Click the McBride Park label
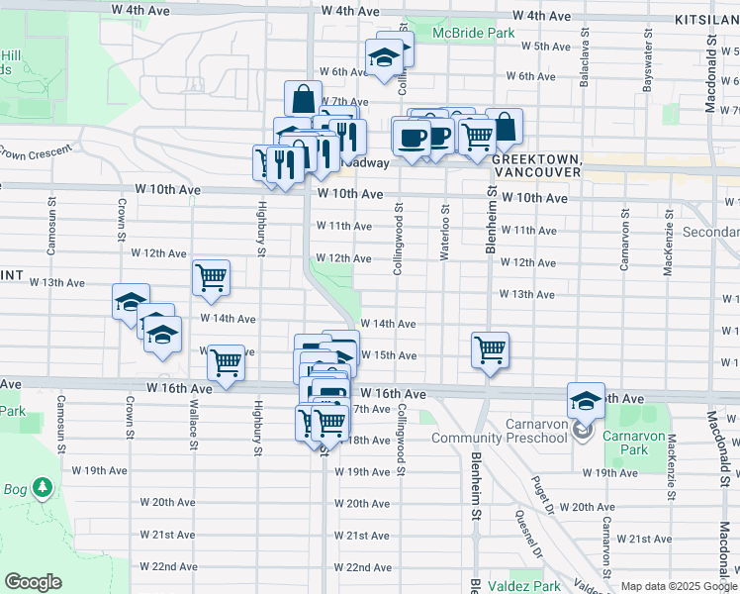(x=473, y=33)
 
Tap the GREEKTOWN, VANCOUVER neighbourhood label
(x=535, y=165)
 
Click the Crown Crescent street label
(x=37, y=151)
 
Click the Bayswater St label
(x=648, y=66)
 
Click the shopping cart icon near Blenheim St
(x=490, y=349)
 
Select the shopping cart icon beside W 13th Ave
(x=212, y=277)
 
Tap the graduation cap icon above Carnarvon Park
(x=586, y=400)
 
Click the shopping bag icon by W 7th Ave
(x=303, y=98)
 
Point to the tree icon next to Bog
(x=43, y=487)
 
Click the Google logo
(x=34, y=582)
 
